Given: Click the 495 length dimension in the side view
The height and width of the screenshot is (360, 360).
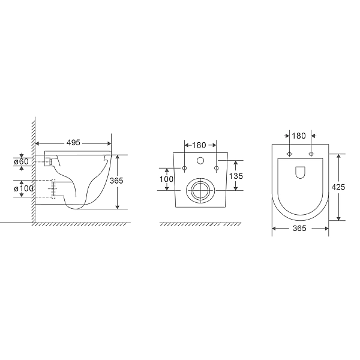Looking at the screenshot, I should [73, 143].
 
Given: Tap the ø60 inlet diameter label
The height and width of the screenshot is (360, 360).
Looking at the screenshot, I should [21, 161].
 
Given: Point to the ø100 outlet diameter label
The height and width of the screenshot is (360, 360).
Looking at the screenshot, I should [22, 189].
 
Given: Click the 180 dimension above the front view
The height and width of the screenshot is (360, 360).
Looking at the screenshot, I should [200, 145].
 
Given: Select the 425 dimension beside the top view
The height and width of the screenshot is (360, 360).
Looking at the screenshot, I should [338, 187].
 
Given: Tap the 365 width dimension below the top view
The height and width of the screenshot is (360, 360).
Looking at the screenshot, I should [299, 229].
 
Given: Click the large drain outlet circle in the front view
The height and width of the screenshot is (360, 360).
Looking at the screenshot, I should [199, 190].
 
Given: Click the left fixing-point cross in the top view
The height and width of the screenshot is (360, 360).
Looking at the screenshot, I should [290, 155].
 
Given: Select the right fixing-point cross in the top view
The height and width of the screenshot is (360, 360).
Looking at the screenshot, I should [311, 155].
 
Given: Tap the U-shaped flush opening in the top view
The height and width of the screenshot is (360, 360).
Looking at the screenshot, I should [301, 173].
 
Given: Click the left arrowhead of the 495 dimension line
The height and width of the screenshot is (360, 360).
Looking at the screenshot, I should [38, 143].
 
